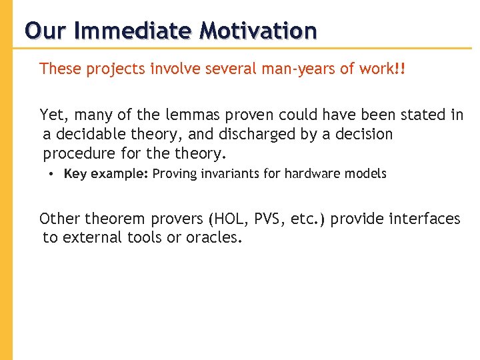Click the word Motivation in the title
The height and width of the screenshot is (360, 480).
[x=259, y=30]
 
